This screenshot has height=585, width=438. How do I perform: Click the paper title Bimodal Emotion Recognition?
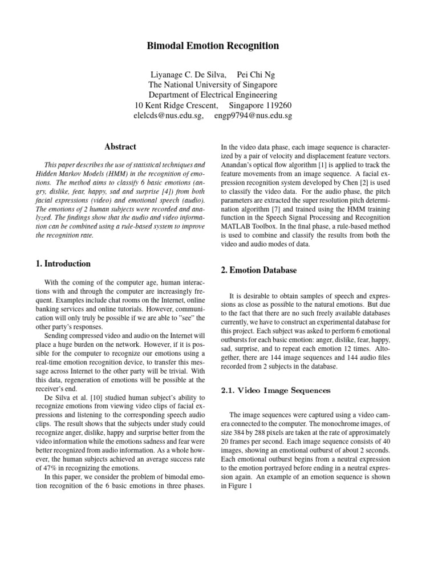213,46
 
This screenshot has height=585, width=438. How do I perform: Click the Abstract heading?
120,147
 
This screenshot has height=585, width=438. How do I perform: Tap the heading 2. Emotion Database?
258,270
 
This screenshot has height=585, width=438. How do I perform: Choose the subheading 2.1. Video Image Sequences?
275,391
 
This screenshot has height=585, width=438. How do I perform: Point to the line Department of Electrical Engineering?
213,95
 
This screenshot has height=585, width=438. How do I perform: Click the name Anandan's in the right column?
238,166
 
